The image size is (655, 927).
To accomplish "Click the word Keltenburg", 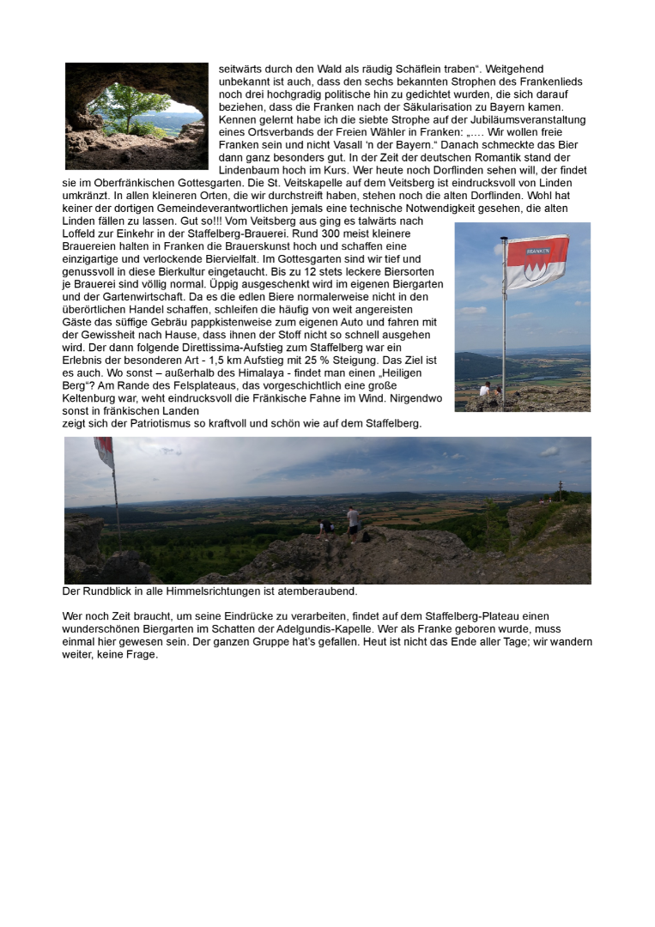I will point(90,398).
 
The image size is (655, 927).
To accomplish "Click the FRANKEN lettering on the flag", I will point(537,251).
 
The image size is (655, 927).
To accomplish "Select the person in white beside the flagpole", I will point(485,390).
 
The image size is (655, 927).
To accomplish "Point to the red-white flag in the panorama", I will point(105,451).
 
